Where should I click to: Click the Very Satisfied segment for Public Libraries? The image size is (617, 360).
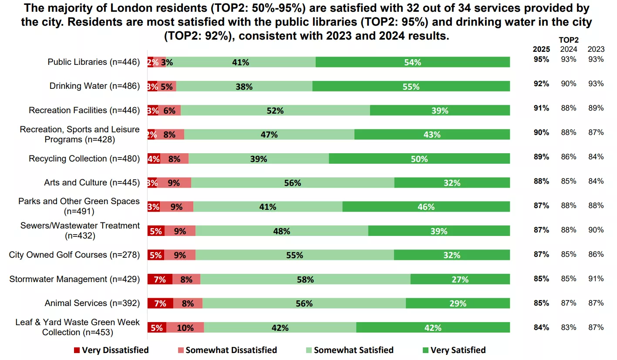412,62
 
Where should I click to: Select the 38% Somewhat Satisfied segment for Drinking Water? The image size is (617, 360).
244,87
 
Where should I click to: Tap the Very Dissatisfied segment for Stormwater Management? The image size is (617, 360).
160,279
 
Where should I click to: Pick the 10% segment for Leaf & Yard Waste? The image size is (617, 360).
185,328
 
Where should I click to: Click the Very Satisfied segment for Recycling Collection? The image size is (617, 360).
419,159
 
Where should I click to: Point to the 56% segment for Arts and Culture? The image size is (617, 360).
293,183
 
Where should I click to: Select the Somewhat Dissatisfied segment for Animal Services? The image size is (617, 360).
188,303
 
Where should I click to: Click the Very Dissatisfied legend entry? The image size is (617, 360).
111,350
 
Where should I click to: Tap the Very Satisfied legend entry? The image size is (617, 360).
454,350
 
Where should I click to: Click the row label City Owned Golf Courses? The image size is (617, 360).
74,255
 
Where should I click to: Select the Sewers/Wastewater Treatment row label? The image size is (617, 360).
80,231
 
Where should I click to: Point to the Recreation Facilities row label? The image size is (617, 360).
84,110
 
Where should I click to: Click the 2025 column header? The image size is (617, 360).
541,49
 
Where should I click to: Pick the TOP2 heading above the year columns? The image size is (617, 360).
568,39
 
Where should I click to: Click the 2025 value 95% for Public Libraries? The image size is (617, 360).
541,59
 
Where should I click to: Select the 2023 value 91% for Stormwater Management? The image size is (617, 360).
596,279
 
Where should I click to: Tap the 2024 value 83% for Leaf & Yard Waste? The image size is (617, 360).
568,327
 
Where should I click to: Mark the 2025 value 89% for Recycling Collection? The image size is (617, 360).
541,157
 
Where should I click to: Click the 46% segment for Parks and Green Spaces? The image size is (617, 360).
426,207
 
